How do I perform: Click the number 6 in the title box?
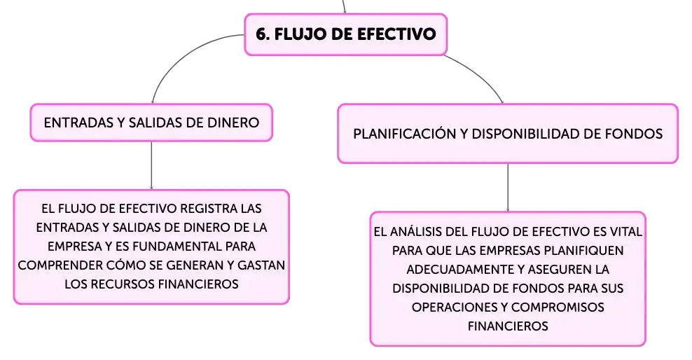(x=261, y=34)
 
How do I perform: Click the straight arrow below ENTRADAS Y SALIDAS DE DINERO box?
(x=151, y=165)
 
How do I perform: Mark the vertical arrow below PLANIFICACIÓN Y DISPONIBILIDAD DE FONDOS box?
(x=508, y=188)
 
